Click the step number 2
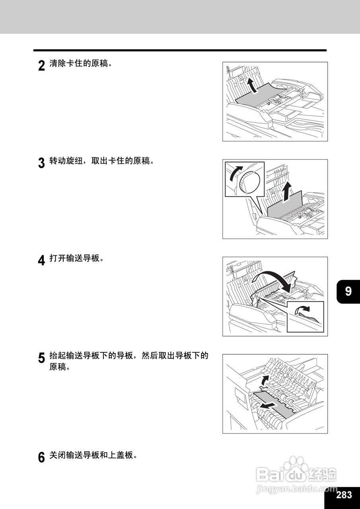(x=41, y=66)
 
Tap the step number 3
(x=41, y=163)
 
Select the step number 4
(x=41, y=260)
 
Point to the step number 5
(x=41, y=358)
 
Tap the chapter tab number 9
(x=348, y=291)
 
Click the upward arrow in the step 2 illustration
(x=253, y=86)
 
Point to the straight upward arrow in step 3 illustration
(x=288, y=192)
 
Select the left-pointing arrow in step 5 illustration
(x=269, y=406)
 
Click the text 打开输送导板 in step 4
(x=74, y=258)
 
